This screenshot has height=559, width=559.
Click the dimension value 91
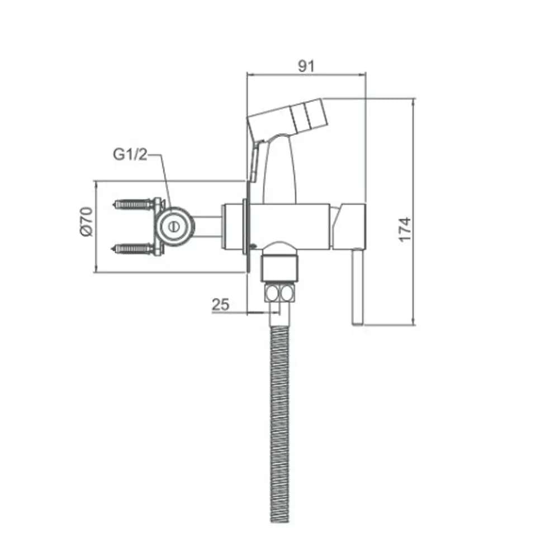tap(306, 65)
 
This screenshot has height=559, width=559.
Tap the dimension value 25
tap(221, 305)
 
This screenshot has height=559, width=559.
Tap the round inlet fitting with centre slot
tap(173, 226)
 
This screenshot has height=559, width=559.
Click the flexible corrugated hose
tap(279, 425)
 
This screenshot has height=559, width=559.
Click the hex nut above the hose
tap(279, 293)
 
